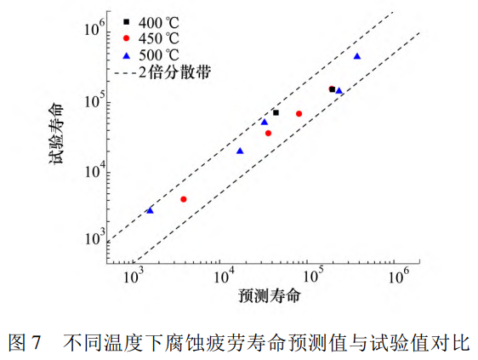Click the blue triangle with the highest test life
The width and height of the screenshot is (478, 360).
[x=356, y=56]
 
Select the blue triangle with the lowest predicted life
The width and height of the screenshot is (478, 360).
[x=150, y=209]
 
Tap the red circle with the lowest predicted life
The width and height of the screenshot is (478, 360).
[x=184, y=199]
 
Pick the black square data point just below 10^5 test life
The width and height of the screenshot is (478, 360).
[x=276, y=112]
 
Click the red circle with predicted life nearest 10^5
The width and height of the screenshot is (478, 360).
[x=299, y=113]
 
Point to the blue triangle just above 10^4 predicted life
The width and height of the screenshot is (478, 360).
[x=240, y=151]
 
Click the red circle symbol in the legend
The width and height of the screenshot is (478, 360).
[x=125, y=38]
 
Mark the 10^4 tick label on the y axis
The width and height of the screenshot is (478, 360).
[x=94, y=170]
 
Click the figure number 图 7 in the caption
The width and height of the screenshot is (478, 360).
[x=25, y=343]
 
